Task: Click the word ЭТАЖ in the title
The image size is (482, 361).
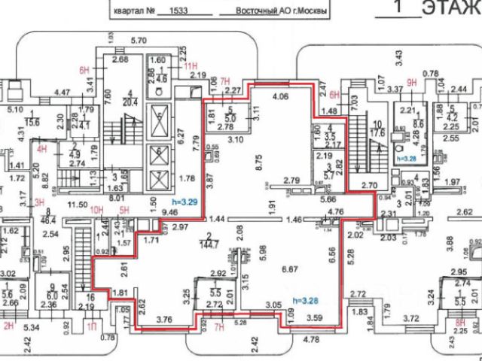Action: coord(451,9)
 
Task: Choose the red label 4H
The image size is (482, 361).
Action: coord(44,148)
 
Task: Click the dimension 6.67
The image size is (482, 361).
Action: coord(288,268)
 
